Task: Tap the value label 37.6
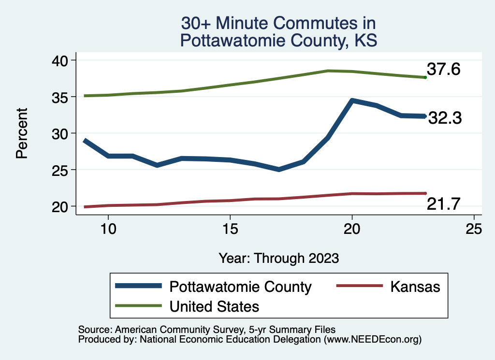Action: pyautogui.click(x=443, y=70)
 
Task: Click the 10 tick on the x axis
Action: pyautogui.click(x=108, y=229)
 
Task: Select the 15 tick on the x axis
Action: pyautogui.click(x=230, y=229)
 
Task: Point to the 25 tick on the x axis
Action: pyautogui.click(x=474, y=229)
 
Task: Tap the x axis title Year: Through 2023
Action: pyautogui.click(x=278, y=258)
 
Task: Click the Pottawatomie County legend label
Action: pyautogui.click(x=240, y=287)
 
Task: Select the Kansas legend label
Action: pyautogui.click(x=415, y=287)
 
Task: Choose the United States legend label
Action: pyautogui.click(x=214, y=306)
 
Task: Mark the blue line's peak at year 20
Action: pyautogui.click(x=352, y=101)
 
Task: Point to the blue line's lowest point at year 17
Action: pyautogui.click(x=279, y=169)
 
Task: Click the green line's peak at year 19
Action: pyautogui.click(x=328, y=71)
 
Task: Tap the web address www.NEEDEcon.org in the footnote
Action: pyautogui.click(x=372, y=340)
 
